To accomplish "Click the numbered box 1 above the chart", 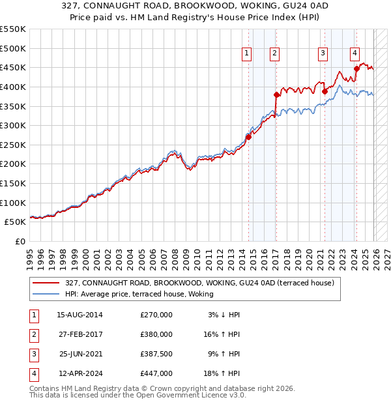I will [248, 54].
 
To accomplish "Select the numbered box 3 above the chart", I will [323, 54].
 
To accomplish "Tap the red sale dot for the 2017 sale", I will [277, 94].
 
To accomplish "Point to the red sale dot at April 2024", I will [356, 68].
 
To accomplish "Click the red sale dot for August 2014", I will [248, 137].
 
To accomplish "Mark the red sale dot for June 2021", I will [325, 92].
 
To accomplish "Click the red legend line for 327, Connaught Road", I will [47, 283].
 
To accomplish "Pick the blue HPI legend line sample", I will [47, 295].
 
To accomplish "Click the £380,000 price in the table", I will [156, 334].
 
